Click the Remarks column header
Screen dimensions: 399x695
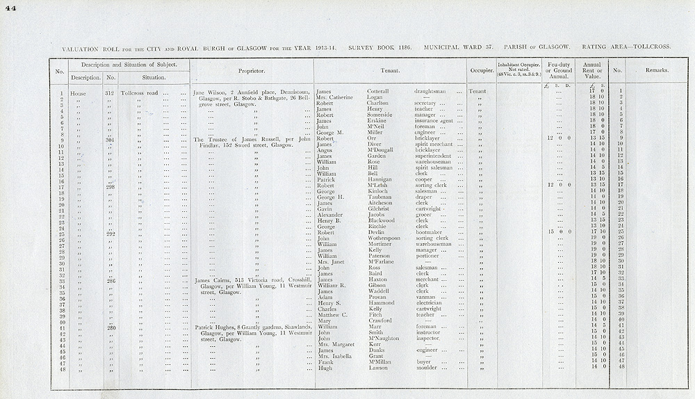(657, 71)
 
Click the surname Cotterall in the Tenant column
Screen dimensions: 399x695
(379, 91)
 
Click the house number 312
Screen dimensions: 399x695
(109, 92)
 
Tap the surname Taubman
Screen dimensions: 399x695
(379, 197)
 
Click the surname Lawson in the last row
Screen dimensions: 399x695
(377, 368)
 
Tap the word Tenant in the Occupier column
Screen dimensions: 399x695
(477, 91)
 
